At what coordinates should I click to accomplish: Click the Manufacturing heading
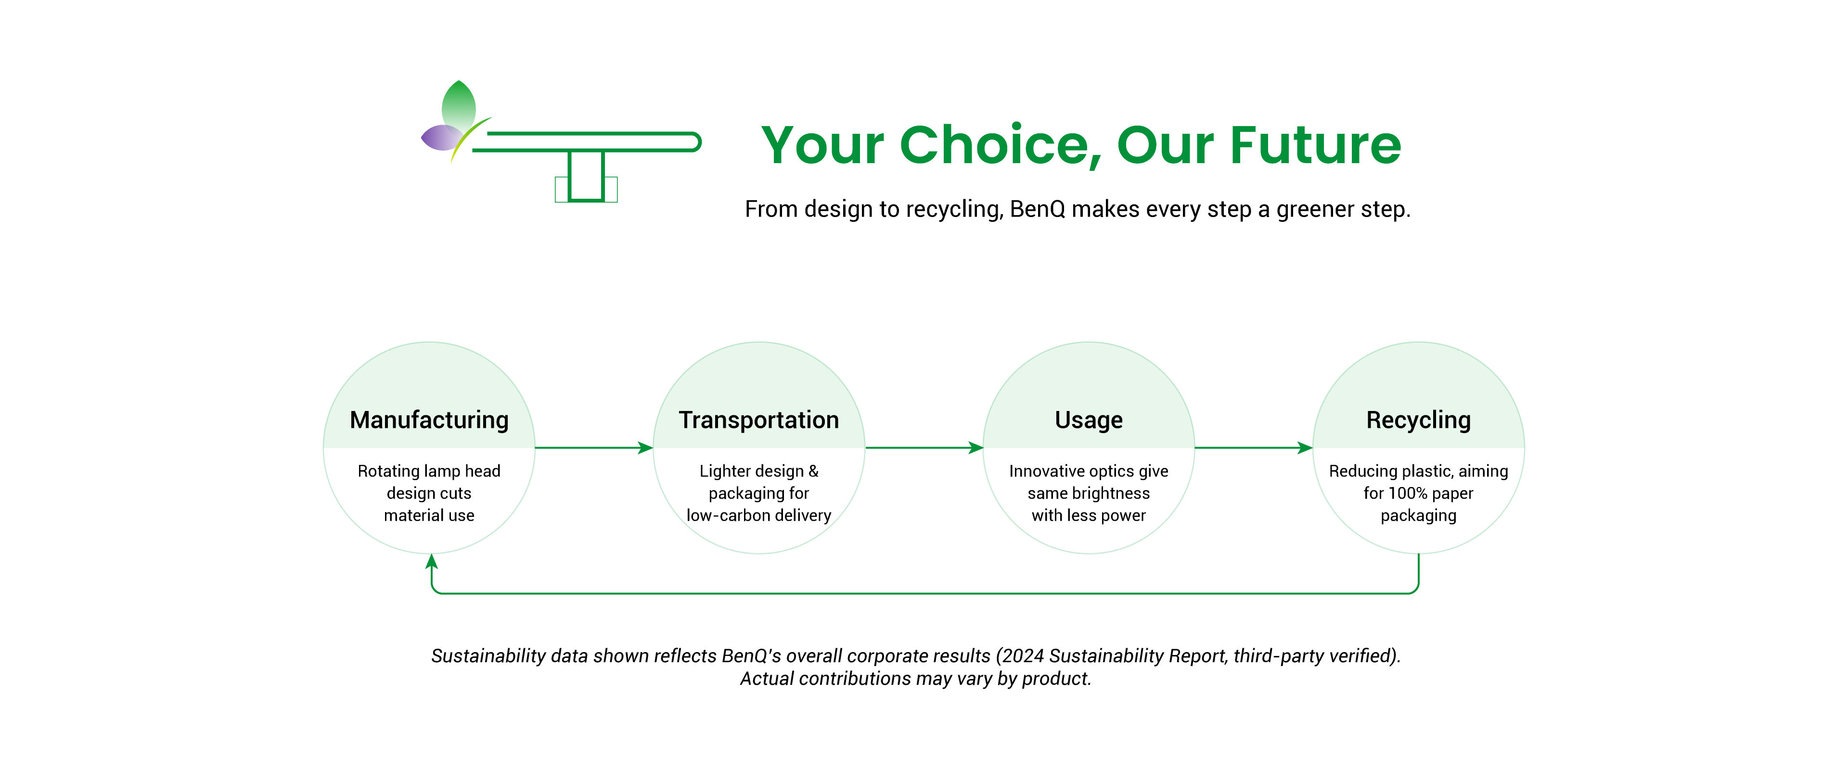[429, 420]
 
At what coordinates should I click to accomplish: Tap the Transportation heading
[758, 420]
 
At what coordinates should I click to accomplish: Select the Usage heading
[1088, 420]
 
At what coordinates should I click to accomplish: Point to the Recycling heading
[1418, 420]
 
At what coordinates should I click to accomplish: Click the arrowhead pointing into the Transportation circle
[646, 448]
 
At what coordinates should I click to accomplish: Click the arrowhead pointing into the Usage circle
[975, 448]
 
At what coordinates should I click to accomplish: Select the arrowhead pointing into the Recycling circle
[1305, 448]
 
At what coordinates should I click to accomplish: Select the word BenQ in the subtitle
[1037, 209]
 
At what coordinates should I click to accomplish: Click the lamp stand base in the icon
[586, 190]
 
